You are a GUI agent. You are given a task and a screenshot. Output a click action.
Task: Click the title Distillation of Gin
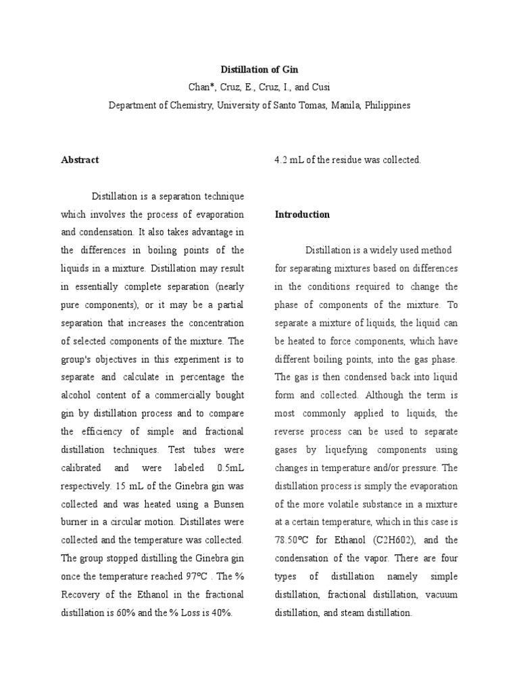(259, 69)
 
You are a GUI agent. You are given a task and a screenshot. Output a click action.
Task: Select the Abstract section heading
(80, 160)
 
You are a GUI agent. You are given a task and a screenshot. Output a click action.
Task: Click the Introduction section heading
(302, 215)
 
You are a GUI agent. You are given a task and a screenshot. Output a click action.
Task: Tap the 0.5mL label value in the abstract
(230, 468)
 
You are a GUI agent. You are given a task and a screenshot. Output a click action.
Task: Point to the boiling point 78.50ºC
(293, 540)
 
